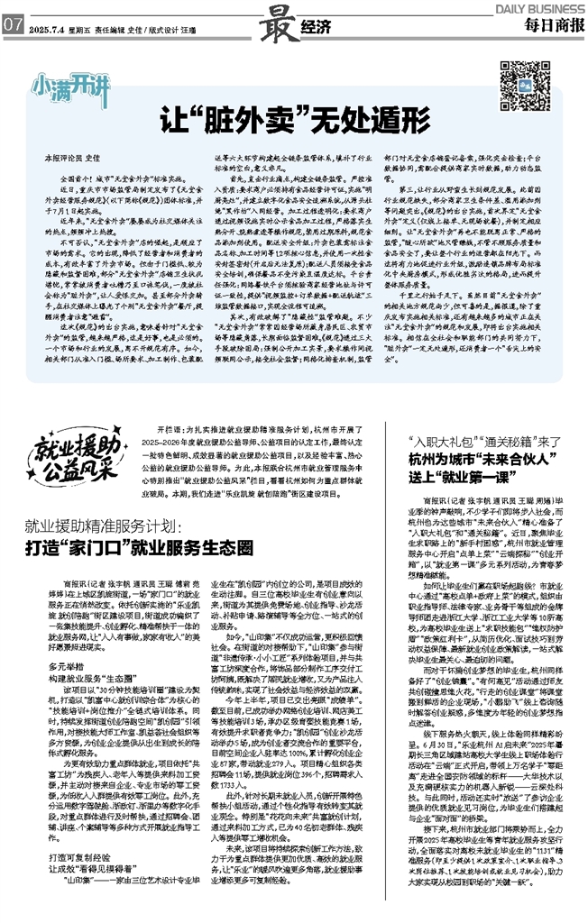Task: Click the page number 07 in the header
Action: (x=12, y=24)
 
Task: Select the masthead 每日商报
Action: (x=548, y=23)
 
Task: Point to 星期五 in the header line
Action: (x=80, y=25)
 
